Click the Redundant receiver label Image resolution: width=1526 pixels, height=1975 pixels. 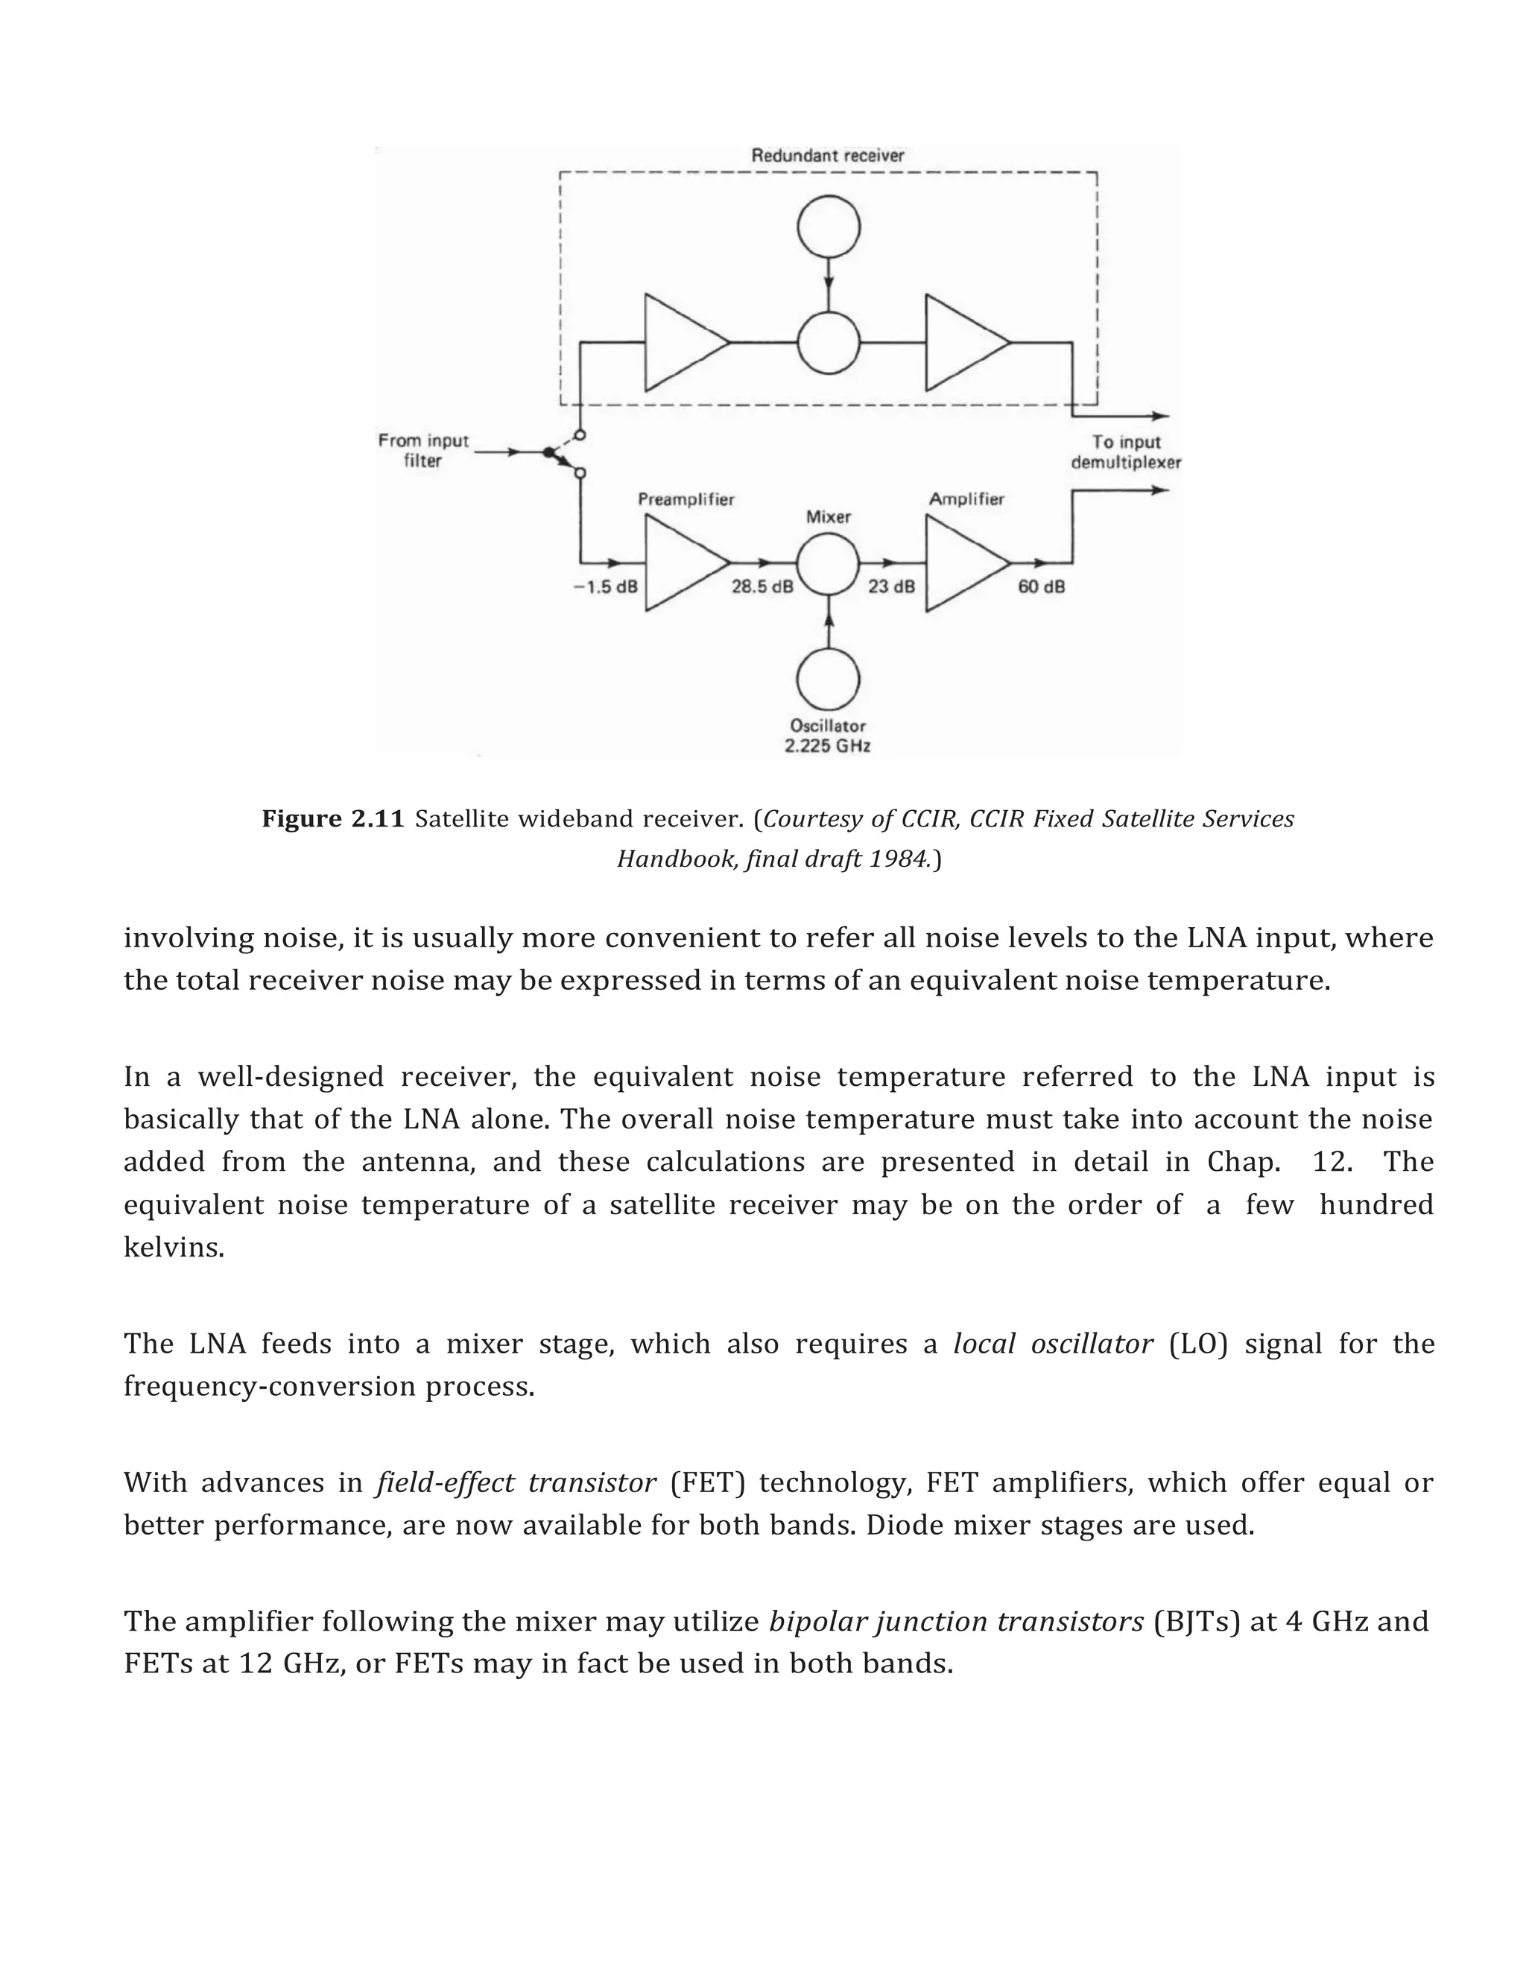point(827,156)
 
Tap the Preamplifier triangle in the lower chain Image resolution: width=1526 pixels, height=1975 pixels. point(680,563)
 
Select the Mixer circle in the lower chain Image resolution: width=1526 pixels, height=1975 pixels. point(828,563)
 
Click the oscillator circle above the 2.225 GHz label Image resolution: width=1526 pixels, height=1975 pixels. point(828,679)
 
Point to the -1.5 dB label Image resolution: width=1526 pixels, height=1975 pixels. point(605,587)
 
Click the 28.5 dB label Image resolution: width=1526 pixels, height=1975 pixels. point(762,587)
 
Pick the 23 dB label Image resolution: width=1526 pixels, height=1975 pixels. point(891,587)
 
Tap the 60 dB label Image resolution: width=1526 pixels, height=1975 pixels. point(1042,587)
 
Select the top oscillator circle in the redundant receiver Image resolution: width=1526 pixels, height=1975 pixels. point(828,226)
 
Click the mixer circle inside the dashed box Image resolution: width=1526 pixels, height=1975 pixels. point(828,343)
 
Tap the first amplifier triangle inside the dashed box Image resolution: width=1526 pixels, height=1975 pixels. point(680,343)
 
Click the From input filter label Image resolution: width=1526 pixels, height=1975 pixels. point(423,450)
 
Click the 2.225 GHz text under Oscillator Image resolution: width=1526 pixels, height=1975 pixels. point(827,746)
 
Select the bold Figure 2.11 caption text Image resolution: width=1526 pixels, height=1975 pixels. point(332,819)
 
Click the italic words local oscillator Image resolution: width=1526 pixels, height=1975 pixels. point(1053,1344)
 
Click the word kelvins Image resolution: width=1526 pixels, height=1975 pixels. point(174,1248)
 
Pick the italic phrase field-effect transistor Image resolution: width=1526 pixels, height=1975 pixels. point(516,1483)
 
